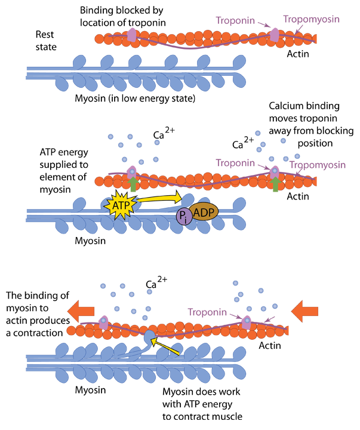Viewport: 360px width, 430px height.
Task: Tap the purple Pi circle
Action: (183, 216)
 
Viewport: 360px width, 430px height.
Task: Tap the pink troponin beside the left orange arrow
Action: (104, 321)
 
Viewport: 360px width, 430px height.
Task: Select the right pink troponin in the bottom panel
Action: (247, 321)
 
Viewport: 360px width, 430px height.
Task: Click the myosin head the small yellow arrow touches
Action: (149, 337)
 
